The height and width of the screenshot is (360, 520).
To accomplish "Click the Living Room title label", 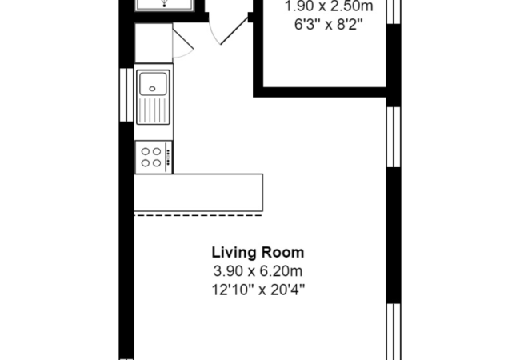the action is point(258,253).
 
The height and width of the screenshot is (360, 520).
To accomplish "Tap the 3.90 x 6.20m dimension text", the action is point(258,271).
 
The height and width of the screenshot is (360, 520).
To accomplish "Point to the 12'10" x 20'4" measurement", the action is point(258,290).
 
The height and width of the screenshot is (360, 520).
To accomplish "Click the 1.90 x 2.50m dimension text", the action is point(329,6).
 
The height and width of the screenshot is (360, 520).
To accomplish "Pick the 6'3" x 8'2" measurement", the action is point(328,24).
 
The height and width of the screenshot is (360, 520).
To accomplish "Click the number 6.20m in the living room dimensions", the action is point(281,271).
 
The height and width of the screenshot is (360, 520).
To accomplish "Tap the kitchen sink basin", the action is point(153,84).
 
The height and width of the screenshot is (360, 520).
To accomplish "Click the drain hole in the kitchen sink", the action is point(152,89).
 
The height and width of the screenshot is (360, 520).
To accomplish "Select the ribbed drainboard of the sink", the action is point(153,110).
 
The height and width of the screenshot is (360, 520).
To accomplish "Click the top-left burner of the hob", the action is point(146,151).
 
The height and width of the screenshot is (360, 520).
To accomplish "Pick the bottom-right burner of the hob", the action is point(157,162).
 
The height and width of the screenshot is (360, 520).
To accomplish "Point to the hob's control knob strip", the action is point(168,157).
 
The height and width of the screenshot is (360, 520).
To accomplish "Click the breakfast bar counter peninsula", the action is point(198,193).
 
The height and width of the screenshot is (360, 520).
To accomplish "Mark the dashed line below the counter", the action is point(198,215).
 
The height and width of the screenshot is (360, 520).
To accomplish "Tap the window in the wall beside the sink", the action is point(126,95).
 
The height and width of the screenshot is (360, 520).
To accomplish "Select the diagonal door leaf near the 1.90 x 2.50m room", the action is point(234,30).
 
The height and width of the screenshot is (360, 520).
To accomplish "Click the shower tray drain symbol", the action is point(164,4).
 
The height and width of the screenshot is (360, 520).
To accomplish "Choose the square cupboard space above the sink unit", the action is point(154,43).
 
